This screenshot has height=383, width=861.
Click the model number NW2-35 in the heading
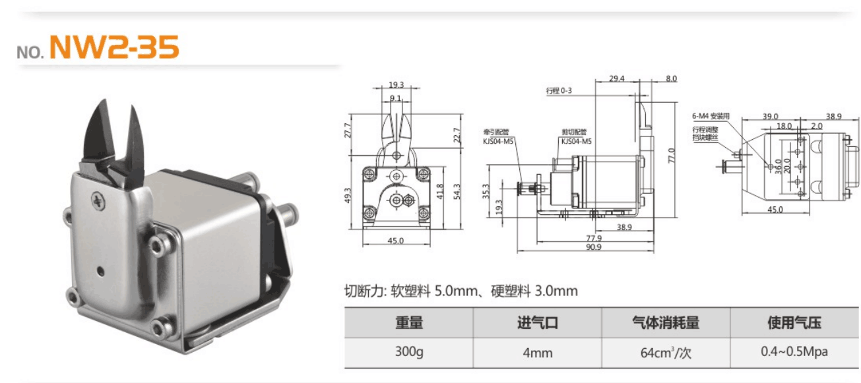click(x=114, y=47)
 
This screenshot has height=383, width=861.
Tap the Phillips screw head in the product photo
click(x=97, y=198)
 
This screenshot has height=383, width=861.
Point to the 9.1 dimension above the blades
click(x=396, y=98)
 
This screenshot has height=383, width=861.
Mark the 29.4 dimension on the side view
click(x=616, y=78)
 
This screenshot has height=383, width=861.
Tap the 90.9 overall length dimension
click(x=593, y=247)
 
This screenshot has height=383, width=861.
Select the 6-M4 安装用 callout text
click(x=711, y=116)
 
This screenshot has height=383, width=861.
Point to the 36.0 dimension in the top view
click(x=778, y=164)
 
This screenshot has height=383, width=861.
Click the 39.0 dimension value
click(x=771, y=116)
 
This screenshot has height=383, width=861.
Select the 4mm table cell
click(x=537, y=353)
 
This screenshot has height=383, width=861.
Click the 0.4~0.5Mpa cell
click(x=794, y=352)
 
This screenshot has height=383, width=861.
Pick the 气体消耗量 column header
click(x=665, y=323)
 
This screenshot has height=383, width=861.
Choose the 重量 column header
click(x=409, y=323)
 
